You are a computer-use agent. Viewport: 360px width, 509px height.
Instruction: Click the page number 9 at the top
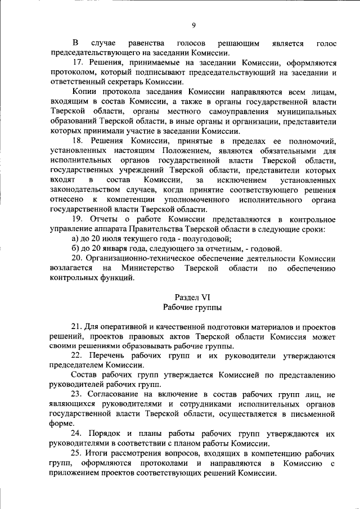(x=193, y=25)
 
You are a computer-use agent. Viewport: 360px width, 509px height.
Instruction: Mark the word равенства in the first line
(x=146, y=43)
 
